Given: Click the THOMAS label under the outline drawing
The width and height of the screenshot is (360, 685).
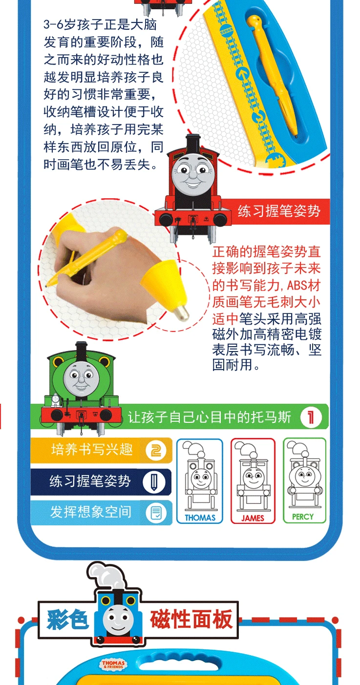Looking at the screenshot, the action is click(200, 518).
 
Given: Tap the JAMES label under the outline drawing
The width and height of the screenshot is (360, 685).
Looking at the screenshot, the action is click(253, 518).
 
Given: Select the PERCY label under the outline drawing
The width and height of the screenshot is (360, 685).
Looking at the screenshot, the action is click(303, 517).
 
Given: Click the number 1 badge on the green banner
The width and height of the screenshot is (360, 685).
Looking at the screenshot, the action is click(311, 417).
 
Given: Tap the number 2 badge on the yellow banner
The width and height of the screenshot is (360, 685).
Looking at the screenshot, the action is click(156, 451).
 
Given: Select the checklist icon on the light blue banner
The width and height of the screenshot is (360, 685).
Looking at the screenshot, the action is click(156, 513).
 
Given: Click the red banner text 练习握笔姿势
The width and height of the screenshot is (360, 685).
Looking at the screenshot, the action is click(279, 211).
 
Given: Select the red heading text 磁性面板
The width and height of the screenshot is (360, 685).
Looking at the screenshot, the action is click(191, 619).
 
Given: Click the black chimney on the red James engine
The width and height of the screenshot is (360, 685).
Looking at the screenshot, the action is click(193, 143).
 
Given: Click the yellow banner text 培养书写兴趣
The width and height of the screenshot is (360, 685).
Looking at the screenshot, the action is click(92, 450).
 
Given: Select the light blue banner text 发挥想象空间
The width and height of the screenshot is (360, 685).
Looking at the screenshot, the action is click(91, 512).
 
